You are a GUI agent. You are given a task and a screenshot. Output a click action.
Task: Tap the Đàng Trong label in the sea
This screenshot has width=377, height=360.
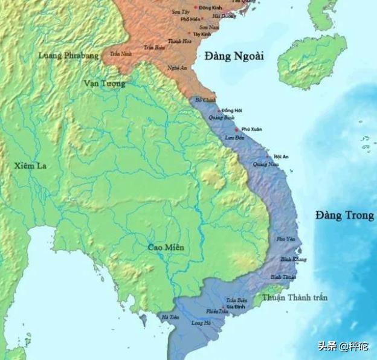pyautogui.click(x=343, y=216)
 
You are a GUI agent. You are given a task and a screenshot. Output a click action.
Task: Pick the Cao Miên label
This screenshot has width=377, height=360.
pyautogui.click(x=167, y=248)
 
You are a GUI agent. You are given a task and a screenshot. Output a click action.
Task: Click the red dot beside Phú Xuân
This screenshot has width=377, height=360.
pyautogui.click(x=237, y=130)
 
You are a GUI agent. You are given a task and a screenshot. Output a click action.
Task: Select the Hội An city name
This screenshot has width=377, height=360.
pyautogui.click(x=281, y=157)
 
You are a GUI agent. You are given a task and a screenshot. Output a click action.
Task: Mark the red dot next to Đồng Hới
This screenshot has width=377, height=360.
pyautogui.click(x=219, y=110)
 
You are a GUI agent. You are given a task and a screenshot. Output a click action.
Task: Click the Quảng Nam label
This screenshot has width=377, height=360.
pyautogui.click(x=265, y=164)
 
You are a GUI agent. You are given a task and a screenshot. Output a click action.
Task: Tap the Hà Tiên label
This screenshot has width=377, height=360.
pyautogui.click(x=169, y=316)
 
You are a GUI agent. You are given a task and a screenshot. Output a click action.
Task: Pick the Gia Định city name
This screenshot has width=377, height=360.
pyautogui.click(x=234, y=306)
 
